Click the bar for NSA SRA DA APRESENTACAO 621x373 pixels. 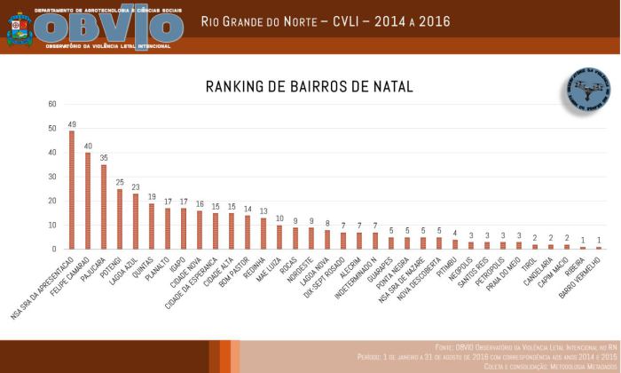pos(72,190)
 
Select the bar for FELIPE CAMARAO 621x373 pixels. pos(88,201)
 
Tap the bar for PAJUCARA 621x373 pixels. pos(104,207)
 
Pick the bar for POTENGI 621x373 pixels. pos(120,218)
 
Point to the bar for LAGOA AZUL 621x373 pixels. pos(136,221)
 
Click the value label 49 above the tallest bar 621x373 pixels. pos(72,124)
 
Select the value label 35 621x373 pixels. pos(104,158)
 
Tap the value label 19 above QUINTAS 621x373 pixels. pos(152,197)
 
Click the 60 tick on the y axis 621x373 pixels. pos(52,104)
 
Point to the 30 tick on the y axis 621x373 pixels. pos(52,177)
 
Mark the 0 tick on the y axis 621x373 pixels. pos(54,249)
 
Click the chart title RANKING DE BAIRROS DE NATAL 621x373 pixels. pos(310,86)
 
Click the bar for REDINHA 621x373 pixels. pos(263,234)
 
